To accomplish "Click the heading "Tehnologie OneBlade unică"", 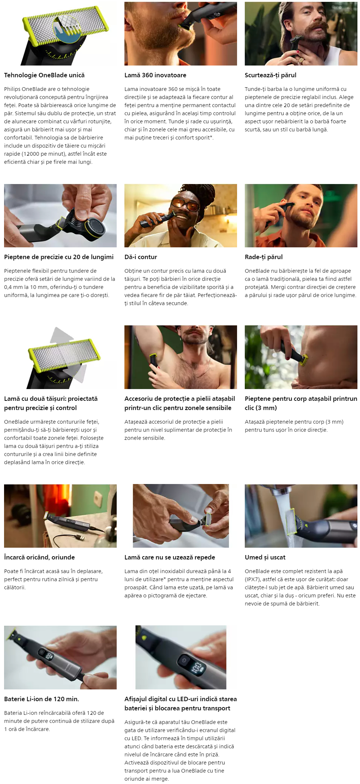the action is [x=44, y=75].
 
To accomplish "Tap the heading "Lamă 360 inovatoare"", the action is [x=155, y=75].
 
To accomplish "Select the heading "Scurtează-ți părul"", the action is [x=271, y=75].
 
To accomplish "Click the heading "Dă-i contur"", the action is [x=141, y=257].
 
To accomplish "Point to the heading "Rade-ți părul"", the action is [x=264, y=257].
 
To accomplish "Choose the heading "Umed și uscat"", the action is [x=265, y=557].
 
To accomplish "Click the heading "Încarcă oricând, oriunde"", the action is [x=39, y=557].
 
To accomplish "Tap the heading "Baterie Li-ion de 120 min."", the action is [x=42, y=699].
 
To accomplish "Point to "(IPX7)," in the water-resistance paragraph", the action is [x=253, y=579].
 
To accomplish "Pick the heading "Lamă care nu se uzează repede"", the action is [x=170, y=557].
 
